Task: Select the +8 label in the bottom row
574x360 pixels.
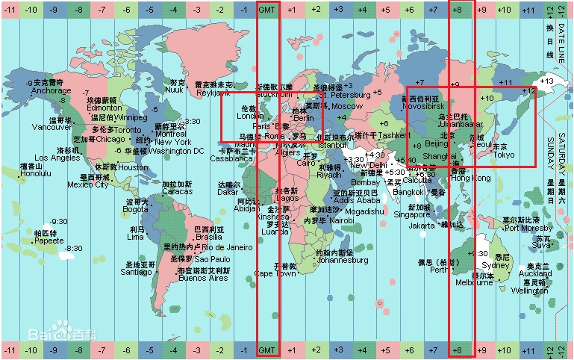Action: click(461, 350)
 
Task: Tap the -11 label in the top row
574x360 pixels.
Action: click(10, 9)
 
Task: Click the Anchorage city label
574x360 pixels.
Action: click(52, 91)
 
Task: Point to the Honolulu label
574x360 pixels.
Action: click(36, 173)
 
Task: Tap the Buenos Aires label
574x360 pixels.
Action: click(203, 278)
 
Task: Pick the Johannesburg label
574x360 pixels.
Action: click(342, 260)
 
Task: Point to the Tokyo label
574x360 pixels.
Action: click(504, 155)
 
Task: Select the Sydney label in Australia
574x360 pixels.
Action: click(496, 265)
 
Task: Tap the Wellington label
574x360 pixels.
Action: click(529, 291)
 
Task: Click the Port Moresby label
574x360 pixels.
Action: click(528, 228)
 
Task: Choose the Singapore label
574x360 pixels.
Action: click(412, 214)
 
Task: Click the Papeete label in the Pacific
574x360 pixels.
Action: click(49, 240)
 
